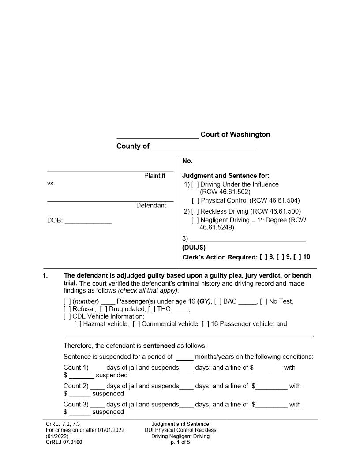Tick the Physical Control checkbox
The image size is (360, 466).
click(195, 201)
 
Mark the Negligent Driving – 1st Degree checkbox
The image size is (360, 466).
click(195, 220)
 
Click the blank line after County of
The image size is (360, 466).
click(204, 147)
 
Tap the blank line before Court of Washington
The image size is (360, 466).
click(157, 135)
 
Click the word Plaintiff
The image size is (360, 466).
click(154, 176)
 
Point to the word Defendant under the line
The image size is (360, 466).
click(151, 206)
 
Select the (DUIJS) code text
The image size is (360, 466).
click(194, 248)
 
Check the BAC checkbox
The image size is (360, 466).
click(217, 302)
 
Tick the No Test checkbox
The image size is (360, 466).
click(263, 302)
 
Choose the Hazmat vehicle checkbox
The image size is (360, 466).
click(78, 324)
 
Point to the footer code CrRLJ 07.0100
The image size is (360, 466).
click(64, 442)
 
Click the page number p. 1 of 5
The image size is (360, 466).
click(180, 442)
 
